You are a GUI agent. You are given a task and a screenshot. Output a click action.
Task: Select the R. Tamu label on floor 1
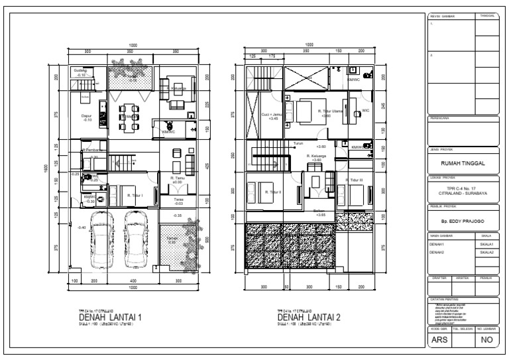(x=176, y=178)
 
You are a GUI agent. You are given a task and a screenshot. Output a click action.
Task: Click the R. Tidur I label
(x=135, y=196)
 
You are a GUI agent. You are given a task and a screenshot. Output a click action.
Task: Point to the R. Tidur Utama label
(x=329, y=111)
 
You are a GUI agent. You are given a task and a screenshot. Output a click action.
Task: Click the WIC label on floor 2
(x=365, y=111)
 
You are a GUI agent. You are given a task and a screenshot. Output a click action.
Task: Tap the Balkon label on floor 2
(x=319, y=211)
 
